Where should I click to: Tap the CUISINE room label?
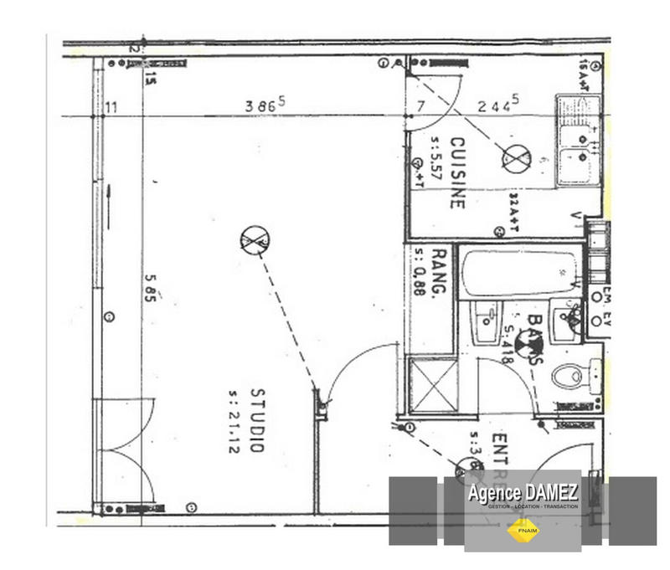click(457, 172)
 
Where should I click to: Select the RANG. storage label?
click(437, 273)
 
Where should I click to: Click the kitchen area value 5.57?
click(435, 159)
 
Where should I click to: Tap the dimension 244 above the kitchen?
click(498, 105)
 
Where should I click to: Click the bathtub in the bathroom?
click(519, 273)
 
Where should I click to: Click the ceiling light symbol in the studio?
click(253, 241)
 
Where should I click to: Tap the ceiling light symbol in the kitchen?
click(516, 157)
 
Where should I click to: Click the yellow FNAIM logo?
click(523, 530)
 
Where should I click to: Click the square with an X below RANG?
click(432, 384)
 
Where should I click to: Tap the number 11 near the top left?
click(111, 106)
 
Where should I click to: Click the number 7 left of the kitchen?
click(420, 105)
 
